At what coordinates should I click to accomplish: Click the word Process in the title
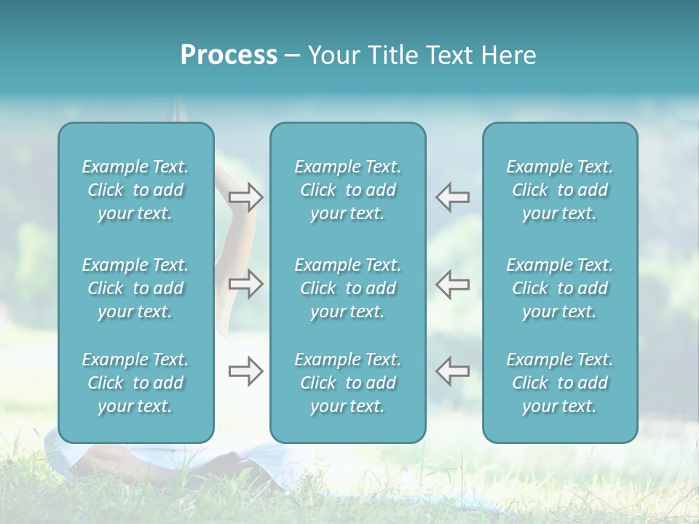tap(229, 55)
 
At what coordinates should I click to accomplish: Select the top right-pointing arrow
tap(246, 197)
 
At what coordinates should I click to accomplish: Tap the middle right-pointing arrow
tap(246, 284)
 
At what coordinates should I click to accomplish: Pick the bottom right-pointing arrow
tap(246, 371)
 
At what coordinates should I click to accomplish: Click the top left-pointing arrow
tap(453, 197)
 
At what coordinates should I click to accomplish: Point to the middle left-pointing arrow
tap(453, 284)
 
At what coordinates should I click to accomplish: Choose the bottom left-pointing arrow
tap(453, 371)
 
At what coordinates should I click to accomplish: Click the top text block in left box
tap(135, 190)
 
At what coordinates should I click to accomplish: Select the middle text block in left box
tap(135, 288)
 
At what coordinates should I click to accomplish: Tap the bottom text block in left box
tap(135, 383)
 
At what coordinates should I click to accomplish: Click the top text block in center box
tap(347, 190)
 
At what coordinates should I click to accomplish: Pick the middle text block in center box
tap(347, 288)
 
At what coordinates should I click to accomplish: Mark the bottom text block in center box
tap(347, 383)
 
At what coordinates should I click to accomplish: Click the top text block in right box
tap(559, 190)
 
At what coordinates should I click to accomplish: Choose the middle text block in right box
tap(559, 288)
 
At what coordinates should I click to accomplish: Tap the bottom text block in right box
tap(559, 383)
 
